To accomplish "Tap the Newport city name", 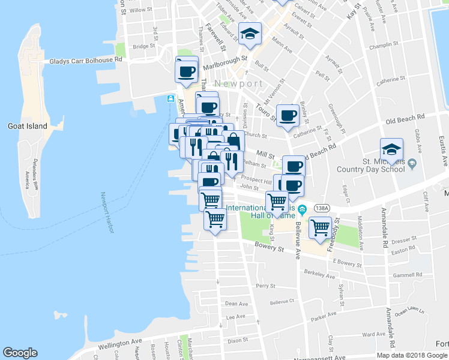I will pos(239,83).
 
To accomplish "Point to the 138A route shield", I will pos(322,208).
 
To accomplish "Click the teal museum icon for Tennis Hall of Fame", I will pos(303,209).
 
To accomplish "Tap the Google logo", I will pos(20,353).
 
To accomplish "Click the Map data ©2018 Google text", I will pos(412,355).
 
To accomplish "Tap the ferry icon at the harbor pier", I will pos(171,98).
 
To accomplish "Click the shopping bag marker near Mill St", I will pos(233,140).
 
